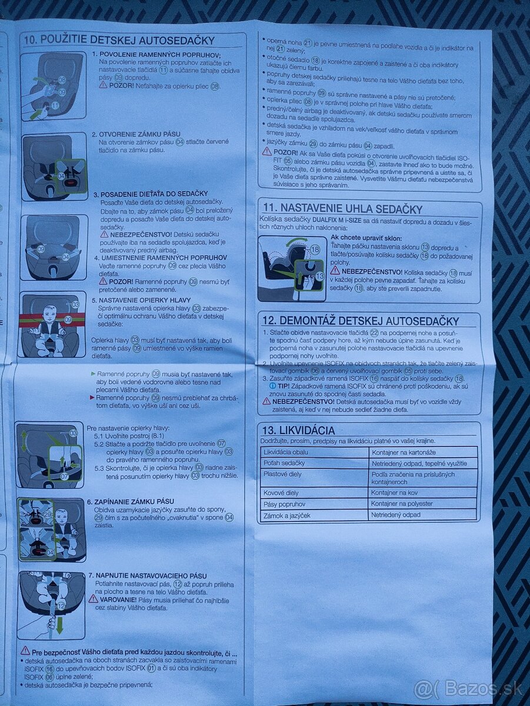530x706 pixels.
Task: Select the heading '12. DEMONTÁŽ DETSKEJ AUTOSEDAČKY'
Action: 360,321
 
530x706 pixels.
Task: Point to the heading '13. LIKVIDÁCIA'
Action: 298,431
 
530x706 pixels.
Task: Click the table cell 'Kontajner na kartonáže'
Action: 403,452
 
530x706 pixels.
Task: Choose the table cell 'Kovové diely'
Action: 282,493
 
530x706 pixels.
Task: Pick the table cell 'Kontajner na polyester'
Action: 402,504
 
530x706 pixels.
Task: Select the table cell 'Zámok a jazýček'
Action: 288,515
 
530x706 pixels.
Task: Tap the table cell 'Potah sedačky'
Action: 285,463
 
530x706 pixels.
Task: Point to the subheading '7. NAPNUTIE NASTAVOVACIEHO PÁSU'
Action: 147,575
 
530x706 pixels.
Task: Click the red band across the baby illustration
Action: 52,320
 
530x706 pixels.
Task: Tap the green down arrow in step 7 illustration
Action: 59,625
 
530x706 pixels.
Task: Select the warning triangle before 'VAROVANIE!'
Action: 93,599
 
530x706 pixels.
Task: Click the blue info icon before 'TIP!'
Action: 272,386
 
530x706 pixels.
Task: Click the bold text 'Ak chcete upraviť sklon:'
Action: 366,237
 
